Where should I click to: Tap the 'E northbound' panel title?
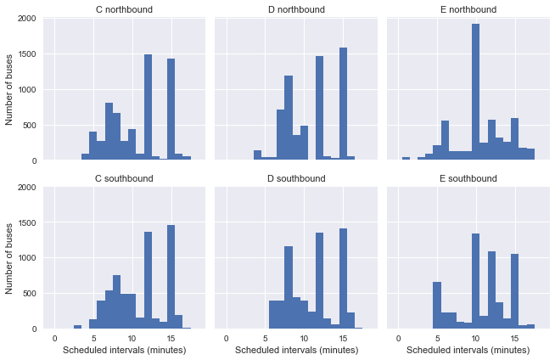click(x=468, y=9)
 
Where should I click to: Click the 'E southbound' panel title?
click(x=468, y=178)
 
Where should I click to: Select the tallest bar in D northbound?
click(x=344, y=102)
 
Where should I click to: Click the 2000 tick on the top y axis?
click(x=25, y=19)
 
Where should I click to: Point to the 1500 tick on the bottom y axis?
click(x=25, y=222)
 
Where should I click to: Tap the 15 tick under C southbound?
click(x=171, y=339)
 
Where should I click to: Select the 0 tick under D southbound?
click(x=226, y=339)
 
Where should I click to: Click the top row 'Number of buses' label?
click(x=9, y=89)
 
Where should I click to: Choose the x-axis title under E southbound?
click(x=468, y=350)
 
